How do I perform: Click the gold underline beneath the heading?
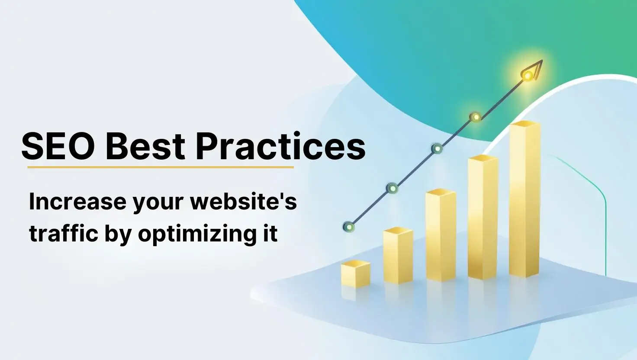pos(160,167)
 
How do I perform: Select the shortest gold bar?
pos(355,274)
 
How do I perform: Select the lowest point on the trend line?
pos(349,227)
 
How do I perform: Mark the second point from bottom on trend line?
pos(392,188)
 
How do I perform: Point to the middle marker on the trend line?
pos(438,149)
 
